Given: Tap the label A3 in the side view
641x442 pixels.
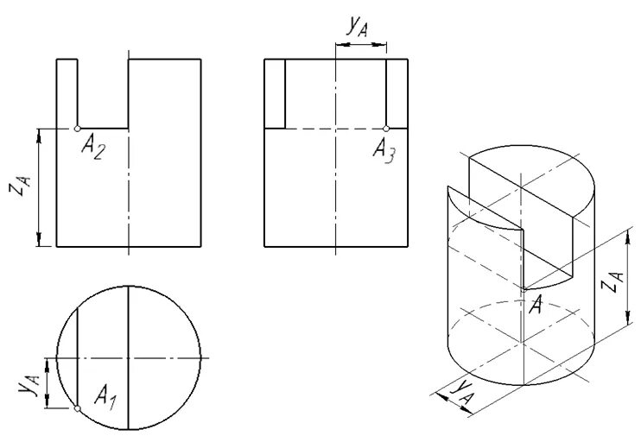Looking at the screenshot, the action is tap(384, 150).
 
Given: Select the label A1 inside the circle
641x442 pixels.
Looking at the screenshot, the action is tap(106, 398).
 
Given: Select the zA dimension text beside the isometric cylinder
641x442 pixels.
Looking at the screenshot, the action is tap(610, 281).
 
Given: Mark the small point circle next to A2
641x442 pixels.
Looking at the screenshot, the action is tap(77, 129).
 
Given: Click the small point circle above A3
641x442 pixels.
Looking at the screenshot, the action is tap(386, 129).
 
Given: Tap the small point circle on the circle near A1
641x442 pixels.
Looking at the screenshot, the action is tap(77, 407).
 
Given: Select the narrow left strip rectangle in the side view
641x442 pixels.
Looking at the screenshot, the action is tap(275, 93).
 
